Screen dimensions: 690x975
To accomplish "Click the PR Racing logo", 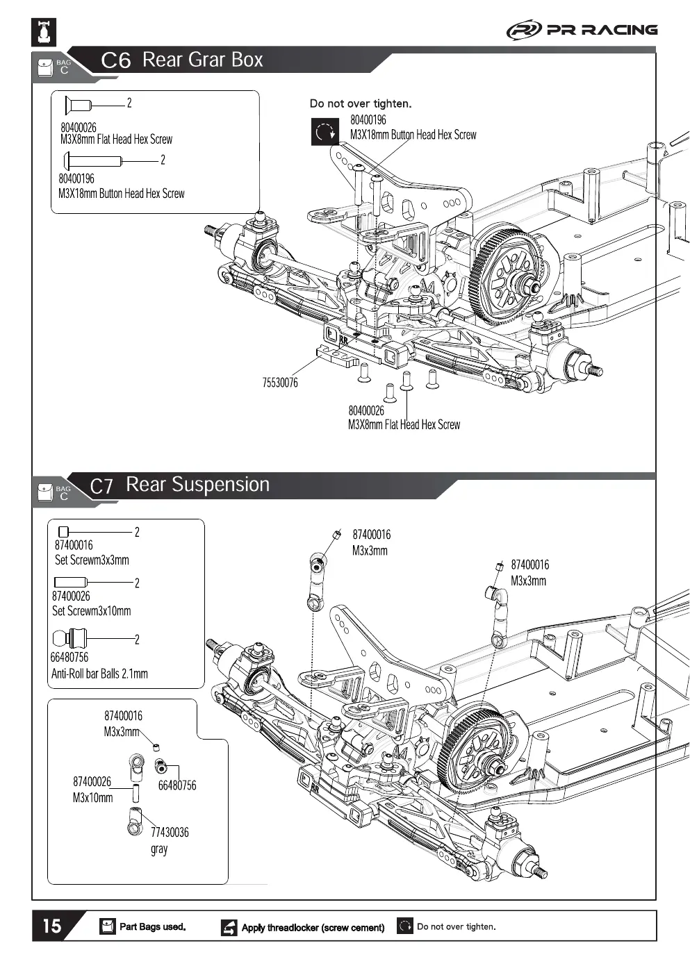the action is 582,30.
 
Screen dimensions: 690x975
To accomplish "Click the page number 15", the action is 52,926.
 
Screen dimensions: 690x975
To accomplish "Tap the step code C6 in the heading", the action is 115,60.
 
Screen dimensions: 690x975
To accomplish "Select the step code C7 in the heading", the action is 101,486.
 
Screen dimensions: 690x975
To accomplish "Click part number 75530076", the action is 280,383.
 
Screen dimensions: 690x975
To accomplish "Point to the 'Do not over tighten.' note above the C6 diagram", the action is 360,103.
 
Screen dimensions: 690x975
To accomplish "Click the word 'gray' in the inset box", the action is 159,849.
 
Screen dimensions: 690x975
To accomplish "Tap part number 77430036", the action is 170,832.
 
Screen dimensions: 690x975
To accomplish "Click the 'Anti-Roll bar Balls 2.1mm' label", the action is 99,674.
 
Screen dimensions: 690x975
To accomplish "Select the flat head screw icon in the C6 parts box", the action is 78,106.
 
